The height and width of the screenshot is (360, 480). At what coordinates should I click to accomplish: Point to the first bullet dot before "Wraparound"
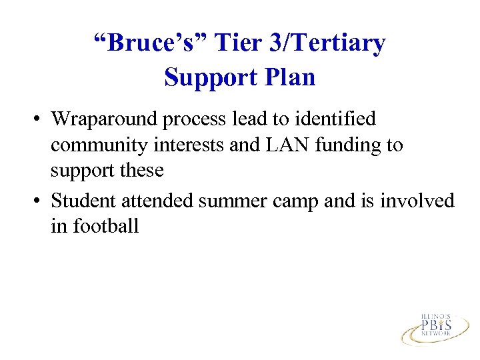[x=41, y=120]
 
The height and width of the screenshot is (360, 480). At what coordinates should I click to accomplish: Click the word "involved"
[x=417, y=201]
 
